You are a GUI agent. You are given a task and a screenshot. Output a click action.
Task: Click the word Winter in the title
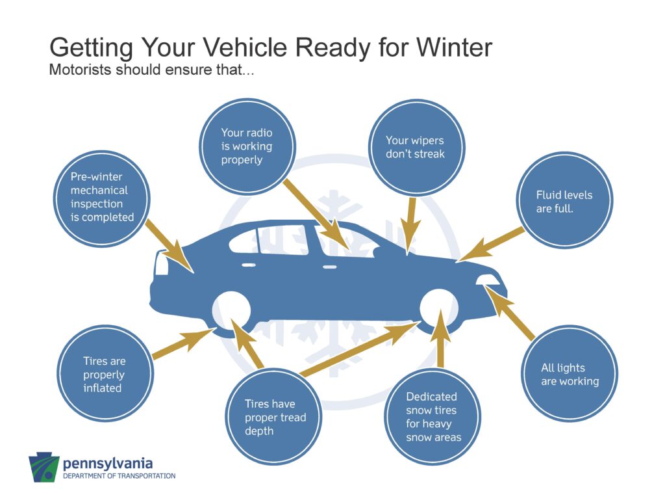[x=454, y=47]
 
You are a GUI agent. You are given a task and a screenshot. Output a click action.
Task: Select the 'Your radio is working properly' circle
[x=247, y=147]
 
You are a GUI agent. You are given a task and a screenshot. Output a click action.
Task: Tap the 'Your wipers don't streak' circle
[x=416, y=148]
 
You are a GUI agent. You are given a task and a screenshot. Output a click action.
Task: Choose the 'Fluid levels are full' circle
[x=564, y=200]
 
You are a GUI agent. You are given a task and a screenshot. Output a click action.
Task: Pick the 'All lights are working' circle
[x=569, y=374]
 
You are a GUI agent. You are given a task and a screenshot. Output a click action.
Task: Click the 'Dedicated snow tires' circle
[x=433, y=417]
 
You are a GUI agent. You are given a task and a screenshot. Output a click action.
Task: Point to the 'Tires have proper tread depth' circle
[x=273, y=417]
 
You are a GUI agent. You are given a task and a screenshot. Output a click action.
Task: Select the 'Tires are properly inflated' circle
[x=105, y=373]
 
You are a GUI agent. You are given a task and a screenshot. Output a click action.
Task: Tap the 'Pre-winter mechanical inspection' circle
[x=102, y=198]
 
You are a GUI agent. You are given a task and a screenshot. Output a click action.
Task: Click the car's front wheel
[x=439, y=308]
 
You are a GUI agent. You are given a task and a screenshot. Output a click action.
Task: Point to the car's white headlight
[x=488, y=280]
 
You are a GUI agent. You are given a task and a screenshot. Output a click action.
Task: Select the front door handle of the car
[x=329, y=267]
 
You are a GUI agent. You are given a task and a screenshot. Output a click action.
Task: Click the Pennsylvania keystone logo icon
[x=44, y=467]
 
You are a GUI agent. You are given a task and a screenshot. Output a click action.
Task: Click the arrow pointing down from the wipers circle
[x=410, y=226]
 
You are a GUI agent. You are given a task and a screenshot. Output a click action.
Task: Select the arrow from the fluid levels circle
[x=491, y=244]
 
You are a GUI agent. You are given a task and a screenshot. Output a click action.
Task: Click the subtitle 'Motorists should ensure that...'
[x=151, y=70]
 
